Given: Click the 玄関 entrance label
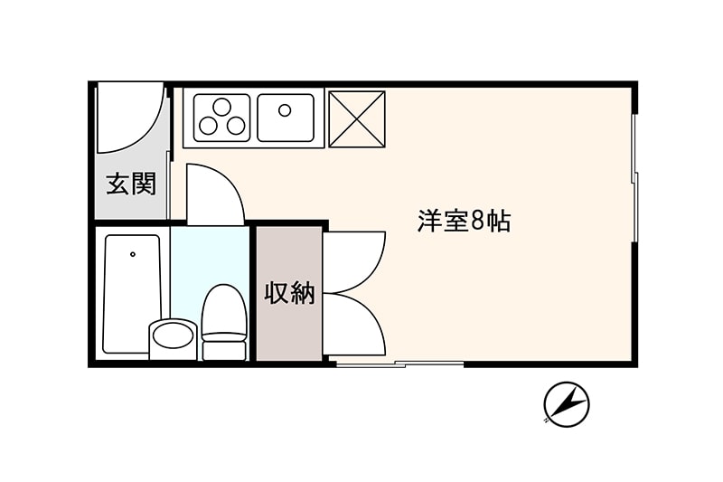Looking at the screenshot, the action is point(131,184).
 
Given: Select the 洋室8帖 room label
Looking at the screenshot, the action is point(464,221).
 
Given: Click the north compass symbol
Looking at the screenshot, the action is point(567,404).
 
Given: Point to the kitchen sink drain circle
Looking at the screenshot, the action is point(285,110).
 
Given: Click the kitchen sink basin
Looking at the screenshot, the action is point(286,118).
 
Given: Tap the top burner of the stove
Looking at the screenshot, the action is point(221,107).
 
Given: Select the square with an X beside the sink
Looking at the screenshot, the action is point(356,119).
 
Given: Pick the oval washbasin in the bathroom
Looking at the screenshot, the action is point(173,336).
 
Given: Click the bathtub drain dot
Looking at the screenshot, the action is point(133,254).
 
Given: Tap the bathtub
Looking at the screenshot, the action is point(132,294).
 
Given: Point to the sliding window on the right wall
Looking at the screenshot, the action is point(635,177).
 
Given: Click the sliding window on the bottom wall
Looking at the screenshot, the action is point(399,364).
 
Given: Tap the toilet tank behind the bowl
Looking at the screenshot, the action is point(224,351).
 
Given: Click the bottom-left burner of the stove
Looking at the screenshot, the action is point(208,125).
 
